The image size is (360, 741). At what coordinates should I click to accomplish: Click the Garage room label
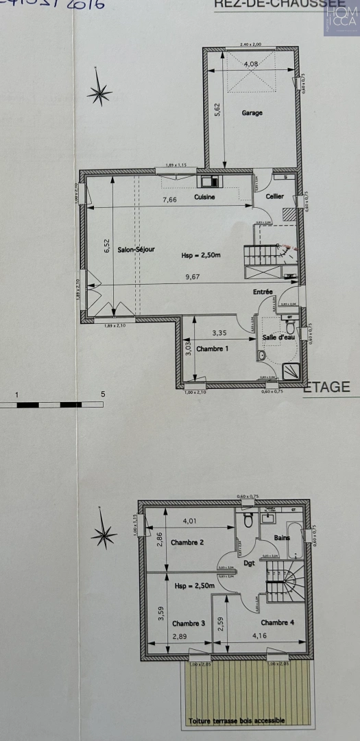point(252,113)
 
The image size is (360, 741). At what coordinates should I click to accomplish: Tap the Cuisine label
point(204,197)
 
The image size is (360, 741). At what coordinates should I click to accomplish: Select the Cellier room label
point(275,196)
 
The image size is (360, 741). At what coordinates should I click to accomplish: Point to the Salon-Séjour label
point(135,250)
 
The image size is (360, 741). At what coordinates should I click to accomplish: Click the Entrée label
point(263,292)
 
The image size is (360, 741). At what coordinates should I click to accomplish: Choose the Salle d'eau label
point(277,339)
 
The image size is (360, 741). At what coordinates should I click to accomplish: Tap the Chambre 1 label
point(212,349)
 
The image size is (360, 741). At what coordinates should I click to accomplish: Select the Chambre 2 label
point(188,542)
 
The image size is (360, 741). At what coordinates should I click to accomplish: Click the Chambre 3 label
point(188,623)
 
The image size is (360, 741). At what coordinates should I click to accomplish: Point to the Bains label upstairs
point(282,537)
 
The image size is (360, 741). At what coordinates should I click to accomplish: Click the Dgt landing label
point(248,563)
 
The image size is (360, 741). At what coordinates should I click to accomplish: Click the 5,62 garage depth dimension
point(217,109)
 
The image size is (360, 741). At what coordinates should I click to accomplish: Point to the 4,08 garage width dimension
point(252,64)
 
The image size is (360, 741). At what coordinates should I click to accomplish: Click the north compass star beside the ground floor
point(100,93)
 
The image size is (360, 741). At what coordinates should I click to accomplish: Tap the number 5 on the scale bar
point(103,394)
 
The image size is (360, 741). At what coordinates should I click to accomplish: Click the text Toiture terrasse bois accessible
point(236,721)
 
